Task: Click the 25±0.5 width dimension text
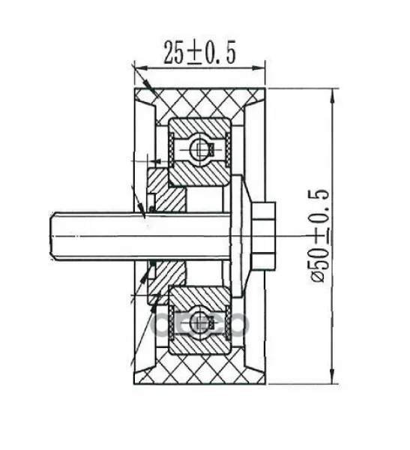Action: point(199,52)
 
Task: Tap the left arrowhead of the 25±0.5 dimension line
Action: point(141,68)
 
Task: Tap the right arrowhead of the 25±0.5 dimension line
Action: point(259,68)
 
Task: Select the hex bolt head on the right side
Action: point(263,236)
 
